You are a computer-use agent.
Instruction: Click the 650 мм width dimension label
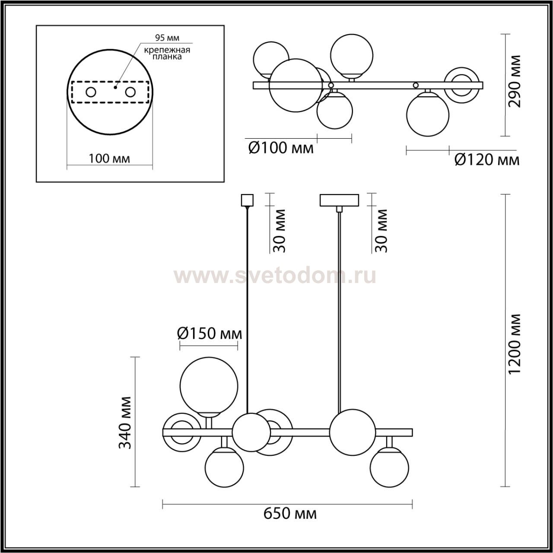pos(290,514)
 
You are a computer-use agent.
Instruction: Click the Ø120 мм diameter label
pos(487,160)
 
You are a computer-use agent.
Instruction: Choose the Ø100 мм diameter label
pos(281,148)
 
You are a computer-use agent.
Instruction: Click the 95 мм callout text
pos(167,38)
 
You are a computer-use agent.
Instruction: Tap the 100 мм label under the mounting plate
pos(109,158)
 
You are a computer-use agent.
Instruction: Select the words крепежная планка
pos(167,54)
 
